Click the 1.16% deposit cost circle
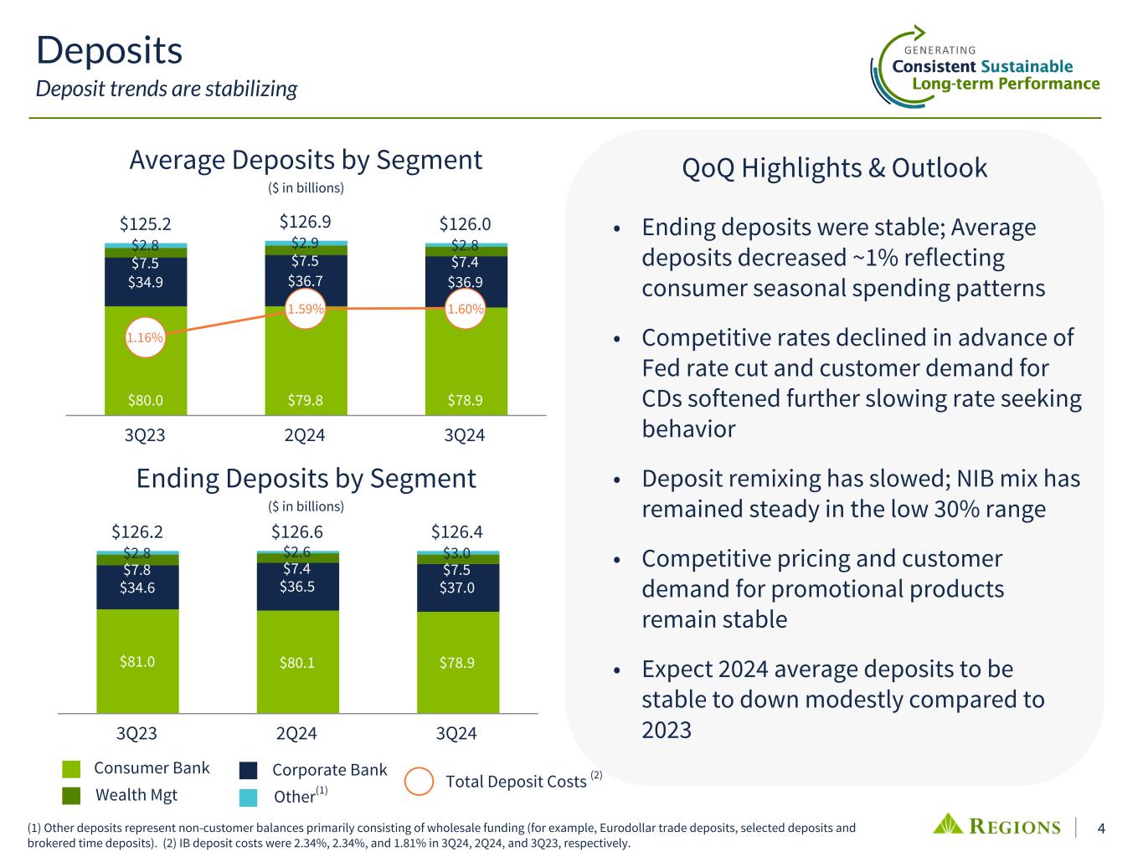[x=146, y=338]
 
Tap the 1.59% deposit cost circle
[x=306, y=309]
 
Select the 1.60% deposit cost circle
[x=466, y=309]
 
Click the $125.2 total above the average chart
[x=145, y=223]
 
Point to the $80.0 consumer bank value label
[x=145, y=400]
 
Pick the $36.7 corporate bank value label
[x=306, y=280]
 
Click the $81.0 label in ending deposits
[x=137, y=661]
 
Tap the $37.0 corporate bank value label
[x=457, y=588]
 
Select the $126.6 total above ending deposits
[x=297, y=532]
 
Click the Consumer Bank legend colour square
[x=71, y=769]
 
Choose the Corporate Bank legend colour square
[x=248, y=770]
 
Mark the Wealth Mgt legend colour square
[x=71, y=795]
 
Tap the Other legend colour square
[x=248, y=797]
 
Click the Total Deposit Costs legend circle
[x=419, y=782]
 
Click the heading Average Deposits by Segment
[x=306, y=159]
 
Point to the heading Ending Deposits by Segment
[x=306, y=478]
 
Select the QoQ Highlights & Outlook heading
[x=835, y=167]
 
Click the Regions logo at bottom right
[x=996, y=825]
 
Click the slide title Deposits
[x=110, y=50]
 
